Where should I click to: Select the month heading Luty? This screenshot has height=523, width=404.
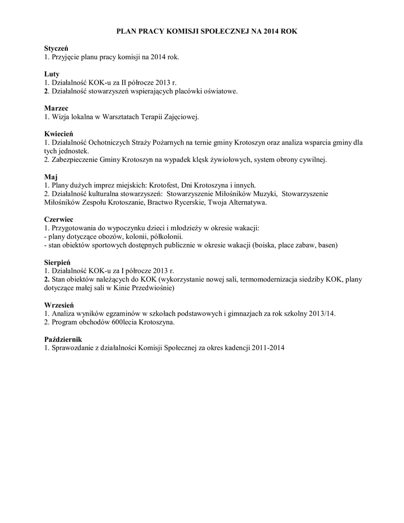(52, 74)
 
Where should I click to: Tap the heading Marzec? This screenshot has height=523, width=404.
(56, 108)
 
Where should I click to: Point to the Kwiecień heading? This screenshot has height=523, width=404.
(59, 134)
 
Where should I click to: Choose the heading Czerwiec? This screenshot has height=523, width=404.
(59, 219)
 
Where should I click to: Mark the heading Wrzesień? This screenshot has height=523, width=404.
(59, 304)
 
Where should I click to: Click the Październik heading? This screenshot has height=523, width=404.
(63, 339)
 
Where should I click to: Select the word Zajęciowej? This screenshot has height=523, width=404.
(180, 117)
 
